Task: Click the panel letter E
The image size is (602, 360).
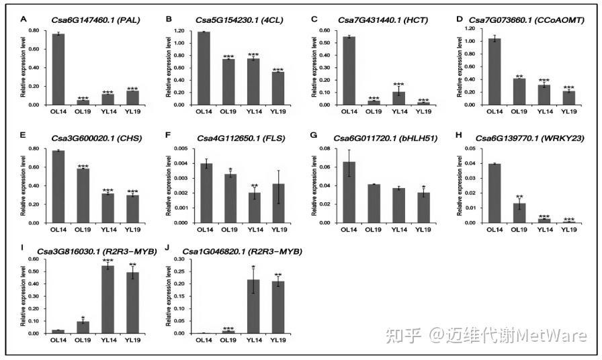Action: (23, 137)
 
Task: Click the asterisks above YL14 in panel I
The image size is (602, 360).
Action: (107, 261)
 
